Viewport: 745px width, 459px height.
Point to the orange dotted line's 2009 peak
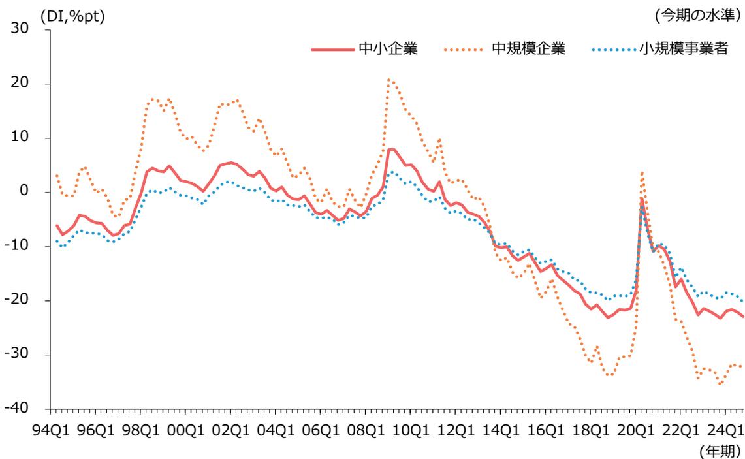click(x=389, y=79)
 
